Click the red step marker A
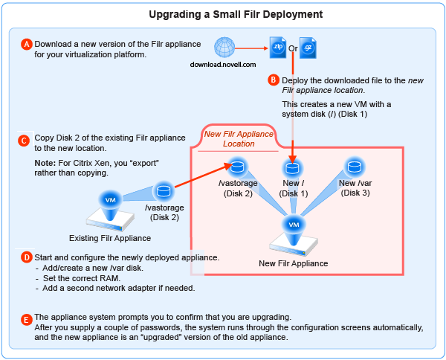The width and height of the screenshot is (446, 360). click(x=27, y=44)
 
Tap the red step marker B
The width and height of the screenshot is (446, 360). click(x=274, y=79)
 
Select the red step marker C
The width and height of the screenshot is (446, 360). click(x=25, y=139)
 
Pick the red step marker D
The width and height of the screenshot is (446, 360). click(x=27, y=257)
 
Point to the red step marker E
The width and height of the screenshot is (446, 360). click(x=27, y=320)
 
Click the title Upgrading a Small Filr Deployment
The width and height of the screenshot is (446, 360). click(x=223, y=14)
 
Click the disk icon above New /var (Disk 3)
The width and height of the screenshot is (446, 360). click(x=355, y=165)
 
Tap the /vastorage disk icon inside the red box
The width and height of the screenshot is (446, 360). click(x=238, y=165)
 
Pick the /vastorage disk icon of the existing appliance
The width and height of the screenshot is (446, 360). click(x=164, y=191)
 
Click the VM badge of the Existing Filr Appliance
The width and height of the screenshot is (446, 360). click(x=110, y=200)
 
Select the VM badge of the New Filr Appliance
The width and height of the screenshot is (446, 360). click(x=294, y=223)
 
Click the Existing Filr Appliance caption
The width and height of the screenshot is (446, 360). click(x=110, y=238)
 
